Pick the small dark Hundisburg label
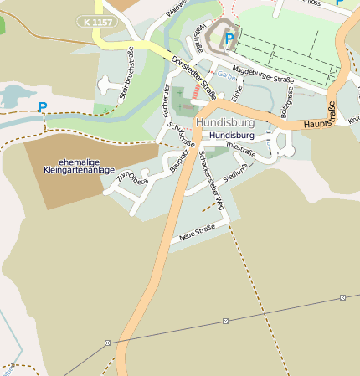tap(233, 135)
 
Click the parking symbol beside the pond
tap(43, 107)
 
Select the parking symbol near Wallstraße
tap(229, 39)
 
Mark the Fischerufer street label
tap(166, 101)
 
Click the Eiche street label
tap(237, 95)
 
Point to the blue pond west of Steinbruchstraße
tap(12, 95)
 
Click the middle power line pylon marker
tap(226, 320)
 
